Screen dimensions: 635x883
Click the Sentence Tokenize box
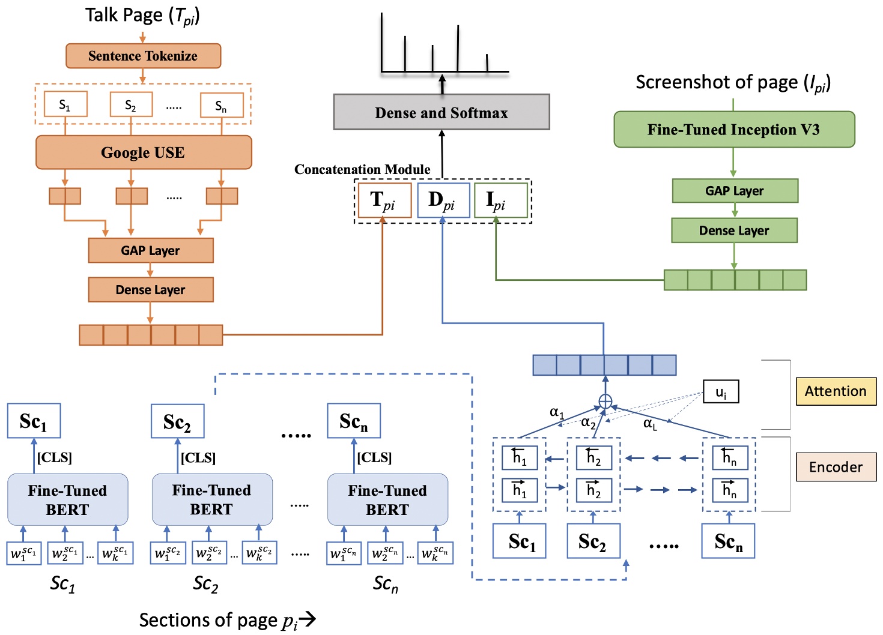[x=143, y=56]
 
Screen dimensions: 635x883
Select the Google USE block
[x=143, y=152]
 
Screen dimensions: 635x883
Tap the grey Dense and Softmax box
[x=441, y=112]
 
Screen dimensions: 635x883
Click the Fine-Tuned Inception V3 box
[x=733, y=130]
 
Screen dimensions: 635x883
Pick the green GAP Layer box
[x=735, y=191]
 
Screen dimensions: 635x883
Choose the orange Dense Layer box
[x=150, y=290]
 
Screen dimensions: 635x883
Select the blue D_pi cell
[x=443, y=200]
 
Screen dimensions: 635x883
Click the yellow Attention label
[x=836, y=391]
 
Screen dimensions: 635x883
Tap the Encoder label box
[x=836, y=467]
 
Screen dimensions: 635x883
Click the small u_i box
[x=721, y=393]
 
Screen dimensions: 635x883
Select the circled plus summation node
[x=605, y=402]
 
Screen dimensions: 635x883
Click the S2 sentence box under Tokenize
[x=131, y=105]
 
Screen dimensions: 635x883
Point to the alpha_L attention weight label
[x=650, y=424]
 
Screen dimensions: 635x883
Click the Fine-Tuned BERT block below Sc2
[x=211, y=499]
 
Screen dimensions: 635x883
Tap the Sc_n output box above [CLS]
[x=353, y=421]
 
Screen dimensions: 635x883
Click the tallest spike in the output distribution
[x=458, y=48]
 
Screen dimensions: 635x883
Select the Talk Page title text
[x=142, y=16]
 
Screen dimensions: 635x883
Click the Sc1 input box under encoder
[x=520, y=541]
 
